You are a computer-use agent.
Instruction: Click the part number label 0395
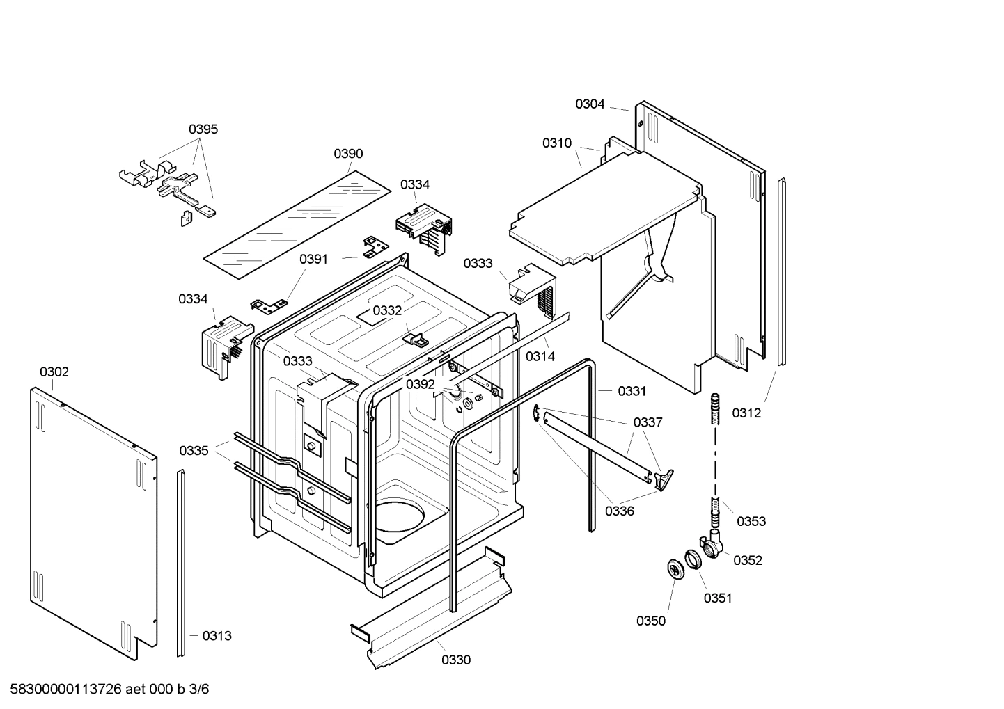[203, 129]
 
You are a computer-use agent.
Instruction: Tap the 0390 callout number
[348, 154]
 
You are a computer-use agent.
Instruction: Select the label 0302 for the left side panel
[54, 372]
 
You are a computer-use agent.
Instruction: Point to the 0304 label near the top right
[590, 104]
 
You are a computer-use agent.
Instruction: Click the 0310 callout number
[557, 143]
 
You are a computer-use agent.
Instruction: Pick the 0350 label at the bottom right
[651, 621]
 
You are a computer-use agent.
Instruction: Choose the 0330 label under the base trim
[456, 660]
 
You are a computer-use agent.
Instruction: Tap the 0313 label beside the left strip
[217, 635]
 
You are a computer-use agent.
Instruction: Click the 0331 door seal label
[632, 391]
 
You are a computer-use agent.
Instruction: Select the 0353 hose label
[751, 521]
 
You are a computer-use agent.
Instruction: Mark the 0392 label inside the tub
[421, 384]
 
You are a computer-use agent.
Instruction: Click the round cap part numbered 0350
[675, 568]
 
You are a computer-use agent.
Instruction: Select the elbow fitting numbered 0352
[710, 544]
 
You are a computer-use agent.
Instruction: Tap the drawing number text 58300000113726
[63, 690]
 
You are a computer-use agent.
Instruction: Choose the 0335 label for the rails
[194, 450]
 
